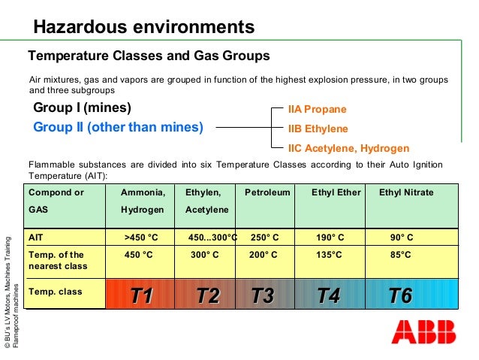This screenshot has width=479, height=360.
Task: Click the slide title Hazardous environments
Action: point(143,28)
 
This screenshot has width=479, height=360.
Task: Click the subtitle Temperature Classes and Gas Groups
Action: point(149,56)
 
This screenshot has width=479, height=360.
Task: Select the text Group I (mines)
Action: point(83,107)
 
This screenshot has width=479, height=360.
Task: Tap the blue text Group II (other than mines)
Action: point(118,127)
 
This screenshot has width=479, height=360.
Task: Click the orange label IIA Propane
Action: point(318,109)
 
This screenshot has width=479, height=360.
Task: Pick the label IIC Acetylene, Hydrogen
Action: point(348,148)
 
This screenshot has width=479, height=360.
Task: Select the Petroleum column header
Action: point(267,192)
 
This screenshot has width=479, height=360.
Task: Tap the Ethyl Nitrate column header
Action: point(406,192)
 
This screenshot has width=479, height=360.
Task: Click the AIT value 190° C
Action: point(330,237)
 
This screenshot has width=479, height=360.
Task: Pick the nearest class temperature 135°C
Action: point(328,255)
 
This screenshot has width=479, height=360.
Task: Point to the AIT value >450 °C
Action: point(141,237)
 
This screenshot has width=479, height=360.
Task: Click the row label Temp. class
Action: point(55,290)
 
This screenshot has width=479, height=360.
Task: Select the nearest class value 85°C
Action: point(401,255)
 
